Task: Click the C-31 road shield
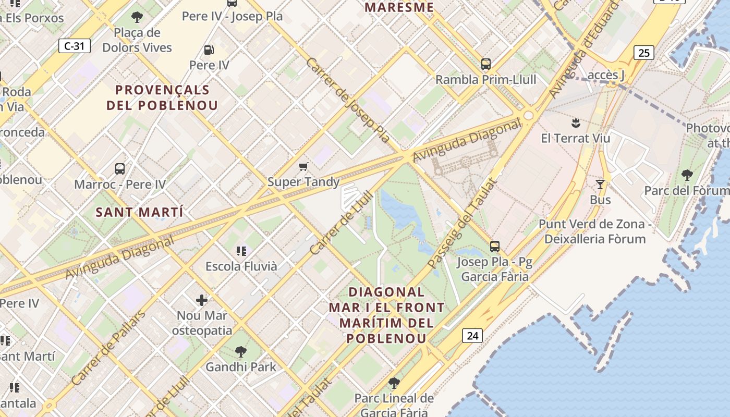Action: (x=74, y=46)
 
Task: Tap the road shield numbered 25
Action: (x=644, y=53)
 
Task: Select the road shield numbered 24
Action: (x=472, y=336)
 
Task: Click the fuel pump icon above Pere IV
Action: (x=209, y=50)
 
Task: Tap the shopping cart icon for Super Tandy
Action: (x=303, y=167)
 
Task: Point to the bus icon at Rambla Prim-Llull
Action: (x=486, y=64)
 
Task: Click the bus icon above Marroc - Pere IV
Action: (x=120, y=169)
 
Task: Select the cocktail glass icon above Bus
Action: (x=600, y=185)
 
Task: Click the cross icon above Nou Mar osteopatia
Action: (x=202, y=300)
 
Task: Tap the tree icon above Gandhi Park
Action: (x=240, y=351)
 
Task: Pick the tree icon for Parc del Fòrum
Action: (x=687, y=175)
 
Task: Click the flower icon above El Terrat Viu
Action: (x=575, y=123)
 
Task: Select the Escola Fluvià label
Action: (x=241, y=266)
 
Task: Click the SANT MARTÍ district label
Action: (x=139, y=212)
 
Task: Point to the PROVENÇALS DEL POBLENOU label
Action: (x=162, y=97)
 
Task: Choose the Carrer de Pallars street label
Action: (x=108, y=348)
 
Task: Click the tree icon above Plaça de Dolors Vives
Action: (x=137, y=17)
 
